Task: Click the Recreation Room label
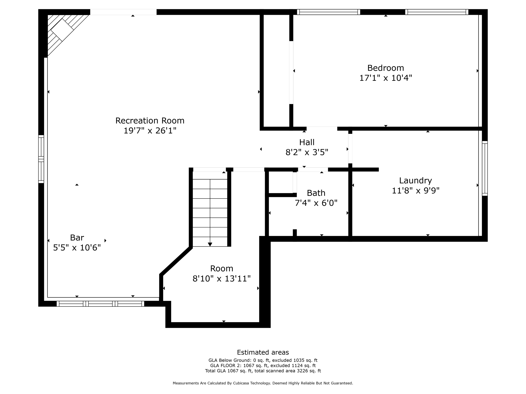(150, 121)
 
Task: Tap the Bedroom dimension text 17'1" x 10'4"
(385, 78)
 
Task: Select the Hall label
(307, 142)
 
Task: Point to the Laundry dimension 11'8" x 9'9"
(415, 191)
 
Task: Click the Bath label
(316, 193)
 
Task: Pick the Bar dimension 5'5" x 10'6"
(77, 248)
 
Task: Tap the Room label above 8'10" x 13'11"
(221, 269)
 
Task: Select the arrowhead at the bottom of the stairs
(210, 244)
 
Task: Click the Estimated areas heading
(263, 352)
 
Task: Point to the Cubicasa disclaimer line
(263, 383)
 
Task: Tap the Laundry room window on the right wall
(484, 168)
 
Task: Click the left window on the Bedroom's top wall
(328, 12)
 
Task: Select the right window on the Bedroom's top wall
(437, 12)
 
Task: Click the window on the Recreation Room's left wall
(41, 159)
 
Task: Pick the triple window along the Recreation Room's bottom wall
(100, 304)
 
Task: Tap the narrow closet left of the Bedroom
(276, 71)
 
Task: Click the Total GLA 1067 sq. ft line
(263, 371)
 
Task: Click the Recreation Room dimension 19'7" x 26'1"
(150, 131)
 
